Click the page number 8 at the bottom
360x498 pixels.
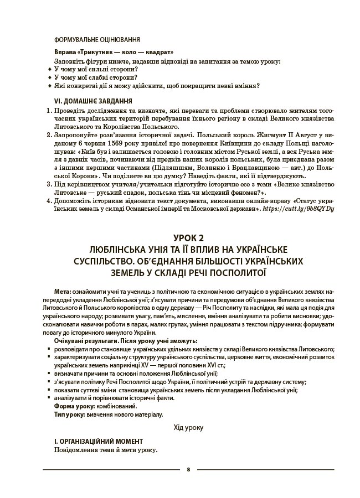[188, 469]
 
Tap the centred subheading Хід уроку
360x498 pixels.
[188, 427]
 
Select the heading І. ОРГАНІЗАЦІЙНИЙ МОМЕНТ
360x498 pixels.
[99, 441]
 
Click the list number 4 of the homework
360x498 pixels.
[49, 200]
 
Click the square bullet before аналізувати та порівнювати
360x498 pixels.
[50, 398]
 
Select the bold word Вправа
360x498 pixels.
[65, 50]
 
